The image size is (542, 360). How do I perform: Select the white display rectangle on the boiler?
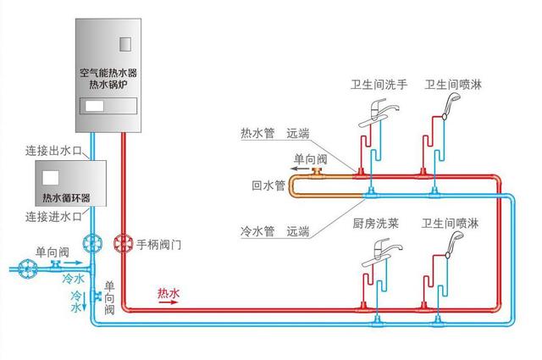(x=93, y=107)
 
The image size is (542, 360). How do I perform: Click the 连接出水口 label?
(x=53, y=151)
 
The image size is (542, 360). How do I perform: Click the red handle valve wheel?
(x=123, y=244)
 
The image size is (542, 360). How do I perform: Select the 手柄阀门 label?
(x=160, y=245)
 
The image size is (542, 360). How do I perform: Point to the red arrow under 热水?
(x=169, y=303)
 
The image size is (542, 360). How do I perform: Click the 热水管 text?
(x=257, y=134)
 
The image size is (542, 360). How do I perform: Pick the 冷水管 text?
(x=257, y=230)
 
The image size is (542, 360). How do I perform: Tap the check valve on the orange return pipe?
(x=318, y=173)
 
